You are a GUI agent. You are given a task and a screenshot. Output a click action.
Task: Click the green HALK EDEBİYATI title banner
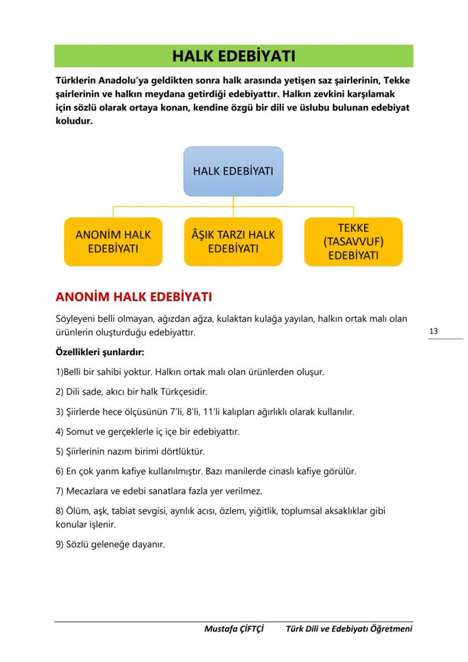pos(233,56)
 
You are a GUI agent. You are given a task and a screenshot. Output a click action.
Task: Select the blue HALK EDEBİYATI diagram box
pos(233,171)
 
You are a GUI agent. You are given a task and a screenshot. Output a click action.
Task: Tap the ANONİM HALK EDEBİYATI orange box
pos(113,241)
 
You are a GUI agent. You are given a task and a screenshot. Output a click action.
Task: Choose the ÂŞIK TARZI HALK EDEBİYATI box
pos(233,241)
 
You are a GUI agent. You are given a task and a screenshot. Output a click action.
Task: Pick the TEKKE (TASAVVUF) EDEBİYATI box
pos(353,241)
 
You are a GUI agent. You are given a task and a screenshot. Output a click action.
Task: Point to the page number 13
pos(434,331)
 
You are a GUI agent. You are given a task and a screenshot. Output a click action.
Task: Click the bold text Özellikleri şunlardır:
pos(100,352)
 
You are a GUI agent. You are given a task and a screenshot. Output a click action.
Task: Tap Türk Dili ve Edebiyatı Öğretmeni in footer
pos(349,629)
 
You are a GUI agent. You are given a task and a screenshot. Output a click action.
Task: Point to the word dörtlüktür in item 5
pos(183,452)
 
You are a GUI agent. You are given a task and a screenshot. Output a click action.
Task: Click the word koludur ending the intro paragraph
pos(73,120)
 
